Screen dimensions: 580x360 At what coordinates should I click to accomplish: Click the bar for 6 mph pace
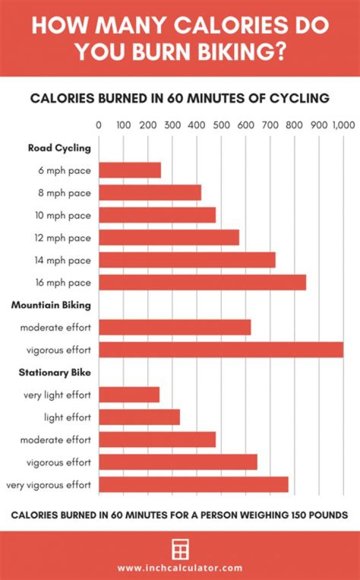pyautogui.click(x=130, y=170)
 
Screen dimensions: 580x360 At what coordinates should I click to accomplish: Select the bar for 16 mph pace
pyautogui.click(x=202, y=283)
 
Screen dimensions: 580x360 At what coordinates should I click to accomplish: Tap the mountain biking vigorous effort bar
pyautogui.click(x=221, y=350)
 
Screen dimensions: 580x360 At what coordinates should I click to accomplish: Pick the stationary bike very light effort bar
pyautogui.click(x=129, y=395)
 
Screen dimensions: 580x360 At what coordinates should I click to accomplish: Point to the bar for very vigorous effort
pyautogui.click(x=193, y=485)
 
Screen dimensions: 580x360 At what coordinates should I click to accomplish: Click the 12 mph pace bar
pyautogui.click(x=169, y=238)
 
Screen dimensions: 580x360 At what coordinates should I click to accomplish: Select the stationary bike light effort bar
pyautogui.click(x=139, y=417)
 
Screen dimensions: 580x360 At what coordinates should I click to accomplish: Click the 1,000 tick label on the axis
pyautogui.click(x=342, y=125)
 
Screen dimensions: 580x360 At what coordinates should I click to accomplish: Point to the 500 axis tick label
pyautogui.click(x=221, y=125)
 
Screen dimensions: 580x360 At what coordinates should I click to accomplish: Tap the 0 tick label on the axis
pyautogui.click(x=98, y=125)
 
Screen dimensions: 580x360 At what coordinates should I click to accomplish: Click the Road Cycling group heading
pyautogui.click(x=59, y=148)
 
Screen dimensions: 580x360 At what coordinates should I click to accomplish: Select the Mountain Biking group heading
pyautogui.click(x=51, y=305)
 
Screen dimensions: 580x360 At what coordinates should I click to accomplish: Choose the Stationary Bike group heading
pyautogui.click(x=55, y=372)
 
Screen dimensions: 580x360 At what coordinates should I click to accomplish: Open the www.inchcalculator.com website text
pyautogui.click(x=180, y=568)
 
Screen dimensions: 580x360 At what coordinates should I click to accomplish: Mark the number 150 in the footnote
pyautogui.click(x=278, y=515)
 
